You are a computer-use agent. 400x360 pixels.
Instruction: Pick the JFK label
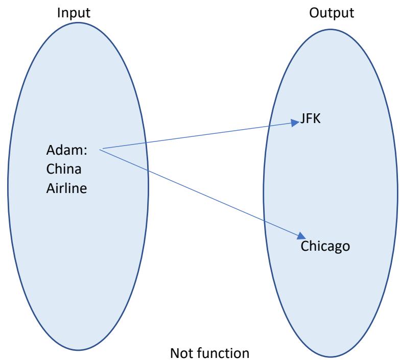[x=310, y=121]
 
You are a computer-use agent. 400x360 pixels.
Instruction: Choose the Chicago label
[x=325, y=246]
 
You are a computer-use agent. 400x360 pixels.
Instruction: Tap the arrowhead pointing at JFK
[x=296, y=123]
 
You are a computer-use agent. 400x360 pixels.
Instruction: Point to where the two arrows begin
[x=102, y=149]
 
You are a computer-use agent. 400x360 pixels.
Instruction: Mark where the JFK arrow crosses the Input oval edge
[x=146, y=142]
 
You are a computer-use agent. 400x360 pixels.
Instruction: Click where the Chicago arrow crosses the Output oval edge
[x=264, y=221]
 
